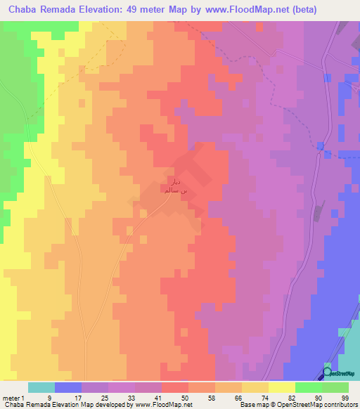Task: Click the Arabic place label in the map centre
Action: pyautogui.click(x=174, y=186)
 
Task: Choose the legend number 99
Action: pyautogui.click(x=345, y=397)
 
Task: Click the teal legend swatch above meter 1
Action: pyautogui.click(x=41, y=387)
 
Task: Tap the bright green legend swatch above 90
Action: pyautogui.click(x=308, y=387)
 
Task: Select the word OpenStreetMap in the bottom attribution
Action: pyautogui.click(x=309, y=405)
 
